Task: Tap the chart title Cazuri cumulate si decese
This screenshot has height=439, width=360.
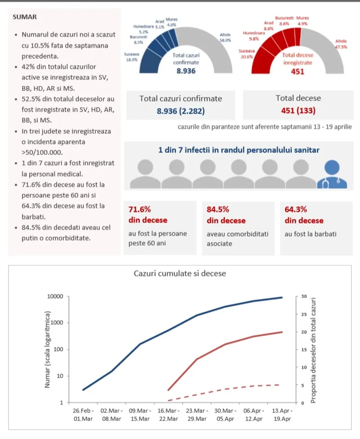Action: (180, 273)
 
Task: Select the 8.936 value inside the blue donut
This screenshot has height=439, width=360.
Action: (186, 71)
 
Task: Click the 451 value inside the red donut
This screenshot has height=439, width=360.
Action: (297, 71)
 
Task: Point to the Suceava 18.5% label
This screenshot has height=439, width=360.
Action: (131, 57)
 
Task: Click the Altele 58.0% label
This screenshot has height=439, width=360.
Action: (225, 37)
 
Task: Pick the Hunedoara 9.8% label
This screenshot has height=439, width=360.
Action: (251, 36)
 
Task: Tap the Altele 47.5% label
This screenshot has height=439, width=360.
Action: (341, 44)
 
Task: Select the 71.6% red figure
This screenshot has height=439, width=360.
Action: (139, 209)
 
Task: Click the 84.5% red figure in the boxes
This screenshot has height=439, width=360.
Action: (218, 209)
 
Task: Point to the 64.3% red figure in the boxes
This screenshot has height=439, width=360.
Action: (296, 209)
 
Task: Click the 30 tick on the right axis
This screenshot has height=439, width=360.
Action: (304, 296)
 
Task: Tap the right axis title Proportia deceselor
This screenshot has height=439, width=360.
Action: (313, 350)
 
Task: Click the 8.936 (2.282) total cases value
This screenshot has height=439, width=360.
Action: (180, 110)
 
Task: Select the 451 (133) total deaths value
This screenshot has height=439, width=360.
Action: (297, 110)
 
